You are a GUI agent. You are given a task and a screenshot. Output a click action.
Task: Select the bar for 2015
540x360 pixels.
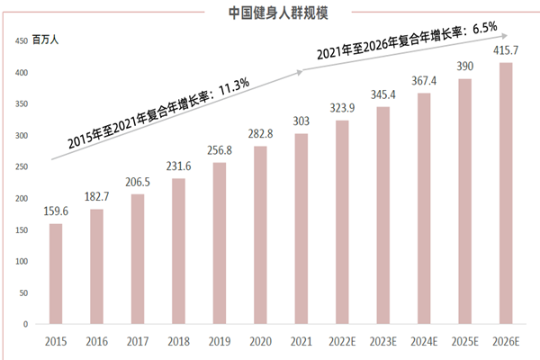(x=56, y=274)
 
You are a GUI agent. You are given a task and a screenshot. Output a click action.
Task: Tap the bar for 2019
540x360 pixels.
(x=219, y=243)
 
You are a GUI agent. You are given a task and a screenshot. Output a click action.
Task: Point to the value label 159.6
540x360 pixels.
(x=56, y=211)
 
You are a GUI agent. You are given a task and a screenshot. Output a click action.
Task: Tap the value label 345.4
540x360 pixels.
(x=382, y=94)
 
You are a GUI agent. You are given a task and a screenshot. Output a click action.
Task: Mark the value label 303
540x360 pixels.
(x=301, y=121)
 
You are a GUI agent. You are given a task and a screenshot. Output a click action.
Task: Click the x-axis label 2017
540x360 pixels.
(x=138, y=340)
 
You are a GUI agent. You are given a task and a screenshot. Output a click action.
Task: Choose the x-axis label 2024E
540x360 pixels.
(x=424, y=340)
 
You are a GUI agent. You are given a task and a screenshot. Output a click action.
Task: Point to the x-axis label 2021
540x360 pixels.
(x=301, y=340)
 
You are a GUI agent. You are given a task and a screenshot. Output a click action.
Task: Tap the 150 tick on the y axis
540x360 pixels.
(x=19, y=229)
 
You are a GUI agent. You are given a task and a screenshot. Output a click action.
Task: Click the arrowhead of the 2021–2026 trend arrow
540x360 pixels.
(x=495, y=36)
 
